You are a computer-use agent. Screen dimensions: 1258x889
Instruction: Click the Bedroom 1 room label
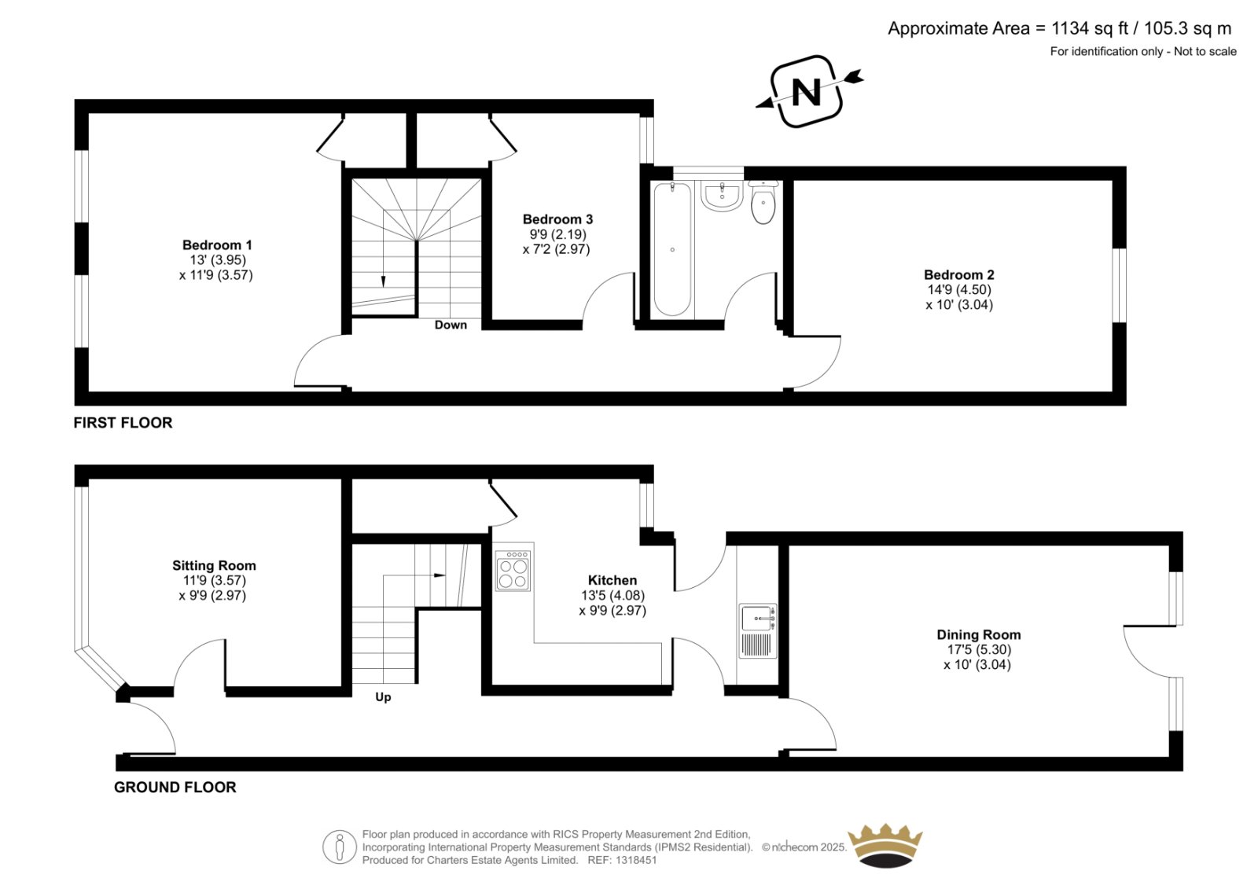[x=217, y=245]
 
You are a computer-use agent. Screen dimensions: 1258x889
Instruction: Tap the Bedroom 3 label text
[x=557, y=219]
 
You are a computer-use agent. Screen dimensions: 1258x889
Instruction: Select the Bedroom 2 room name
[x=958, y=274]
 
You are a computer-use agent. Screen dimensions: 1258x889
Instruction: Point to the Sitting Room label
[x=214, y=565]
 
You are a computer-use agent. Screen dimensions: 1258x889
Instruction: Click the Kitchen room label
[x=612, y=580]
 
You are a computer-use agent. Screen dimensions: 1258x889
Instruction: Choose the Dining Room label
[x=978, y=634]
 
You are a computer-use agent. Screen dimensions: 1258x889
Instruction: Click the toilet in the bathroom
[x=763, y=202]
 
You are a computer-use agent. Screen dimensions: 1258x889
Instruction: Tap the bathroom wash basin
[x=723, y=196]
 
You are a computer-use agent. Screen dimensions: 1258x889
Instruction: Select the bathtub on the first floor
[x=672, y=249]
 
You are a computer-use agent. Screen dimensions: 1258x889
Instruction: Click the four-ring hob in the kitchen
[x=513, y=570]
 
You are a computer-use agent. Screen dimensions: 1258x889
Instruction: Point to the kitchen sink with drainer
[x=758, y=631]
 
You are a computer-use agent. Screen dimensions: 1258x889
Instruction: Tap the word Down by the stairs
[x=451, y=325]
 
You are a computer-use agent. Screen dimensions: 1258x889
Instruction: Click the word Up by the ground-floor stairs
[x=383, y=697]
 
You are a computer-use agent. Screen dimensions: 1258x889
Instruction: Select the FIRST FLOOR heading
[x=123, y=423]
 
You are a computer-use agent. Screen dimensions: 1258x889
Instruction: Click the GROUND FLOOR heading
[x=175, y=788]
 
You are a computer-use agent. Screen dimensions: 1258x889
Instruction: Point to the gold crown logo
[x=885, y=846]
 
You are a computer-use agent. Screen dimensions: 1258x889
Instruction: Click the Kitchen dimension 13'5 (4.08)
[x=612, y=595]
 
